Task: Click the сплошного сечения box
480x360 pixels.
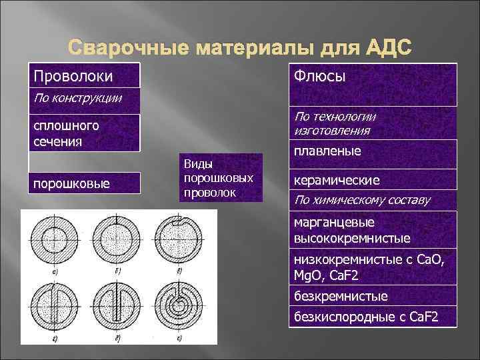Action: pos(84,133)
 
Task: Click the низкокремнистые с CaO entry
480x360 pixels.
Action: pos(372,266)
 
